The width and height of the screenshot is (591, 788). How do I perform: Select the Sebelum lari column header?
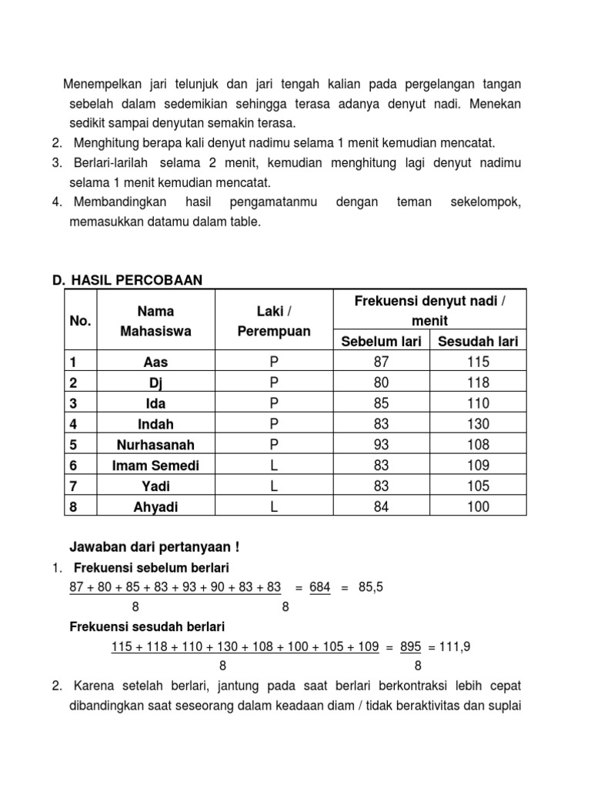381,341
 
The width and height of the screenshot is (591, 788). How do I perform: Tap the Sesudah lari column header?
477,341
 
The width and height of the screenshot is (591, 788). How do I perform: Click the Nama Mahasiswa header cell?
155,321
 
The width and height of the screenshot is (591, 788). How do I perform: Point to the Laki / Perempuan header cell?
273,321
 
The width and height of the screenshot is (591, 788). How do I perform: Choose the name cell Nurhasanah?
155,445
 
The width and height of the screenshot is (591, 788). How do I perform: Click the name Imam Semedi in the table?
155,466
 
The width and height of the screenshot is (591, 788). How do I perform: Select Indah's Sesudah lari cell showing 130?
477,424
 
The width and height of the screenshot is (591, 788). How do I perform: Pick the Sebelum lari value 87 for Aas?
381,362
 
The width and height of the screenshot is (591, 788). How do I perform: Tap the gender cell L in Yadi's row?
273,486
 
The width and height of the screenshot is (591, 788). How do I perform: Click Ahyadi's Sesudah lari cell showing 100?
477,507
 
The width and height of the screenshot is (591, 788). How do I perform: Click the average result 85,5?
371,587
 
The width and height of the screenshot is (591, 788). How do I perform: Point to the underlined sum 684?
319,587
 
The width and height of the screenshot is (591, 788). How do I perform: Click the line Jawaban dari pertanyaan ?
154,547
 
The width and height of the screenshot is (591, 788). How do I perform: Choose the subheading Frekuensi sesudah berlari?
147,627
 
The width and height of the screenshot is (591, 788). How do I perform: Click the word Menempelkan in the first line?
101,83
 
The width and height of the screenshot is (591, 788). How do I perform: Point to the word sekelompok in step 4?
485,202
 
